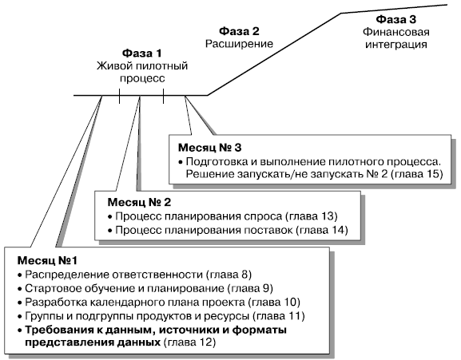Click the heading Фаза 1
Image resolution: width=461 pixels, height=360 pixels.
click(141, 53)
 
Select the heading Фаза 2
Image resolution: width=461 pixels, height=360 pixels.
click(239, 31)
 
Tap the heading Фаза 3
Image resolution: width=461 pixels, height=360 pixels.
click(395, 19)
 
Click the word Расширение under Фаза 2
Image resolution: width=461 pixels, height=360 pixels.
click(239, 44)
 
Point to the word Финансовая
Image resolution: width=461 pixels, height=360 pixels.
click(395, 32)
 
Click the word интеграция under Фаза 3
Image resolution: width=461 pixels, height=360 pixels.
click(395, 45)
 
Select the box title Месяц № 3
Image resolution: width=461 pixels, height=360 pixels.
click(209, 148)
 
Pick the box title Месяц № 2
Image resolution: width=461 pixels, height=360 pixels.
click(139, 202)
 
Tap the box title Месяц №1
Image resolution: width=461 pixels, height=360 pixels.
click(47, 260)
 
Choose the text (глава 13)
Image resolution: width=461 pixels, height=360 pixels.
click(312, 216)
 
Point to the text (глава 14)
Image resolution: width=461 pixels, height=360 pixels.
click(322, 230)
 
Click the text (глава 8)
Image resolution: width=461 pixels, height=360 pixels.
click(229, 275)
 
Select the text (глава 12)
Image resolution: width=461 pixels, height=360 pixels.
click(189, 342)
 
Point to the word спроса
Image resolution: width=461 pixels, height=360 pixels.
click(264, 216)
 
